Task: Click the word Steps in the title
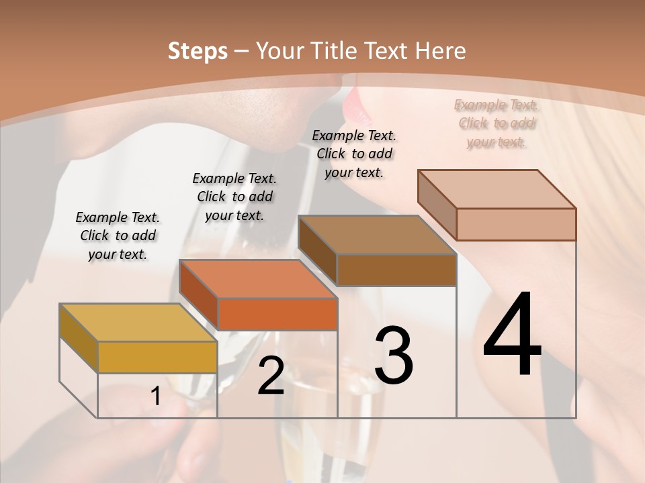(198, 51)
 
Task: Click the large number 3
(394, 356)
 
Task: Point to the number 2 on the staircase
(271, 376)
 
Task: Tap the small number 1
(156, 396)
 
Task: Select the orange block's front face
(277, 314)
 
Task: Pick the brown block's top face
(377, 235)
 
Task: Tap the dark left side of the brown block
(317, 251)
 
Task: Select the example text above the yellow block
(118, 235)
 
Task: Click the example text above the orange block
(234, 197)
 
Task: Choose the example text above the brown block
(354, 154)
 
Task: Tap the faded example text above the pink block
(497, 123)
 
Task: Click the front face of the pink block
(516, 224)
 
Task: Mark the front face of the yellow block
(157, 357)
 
